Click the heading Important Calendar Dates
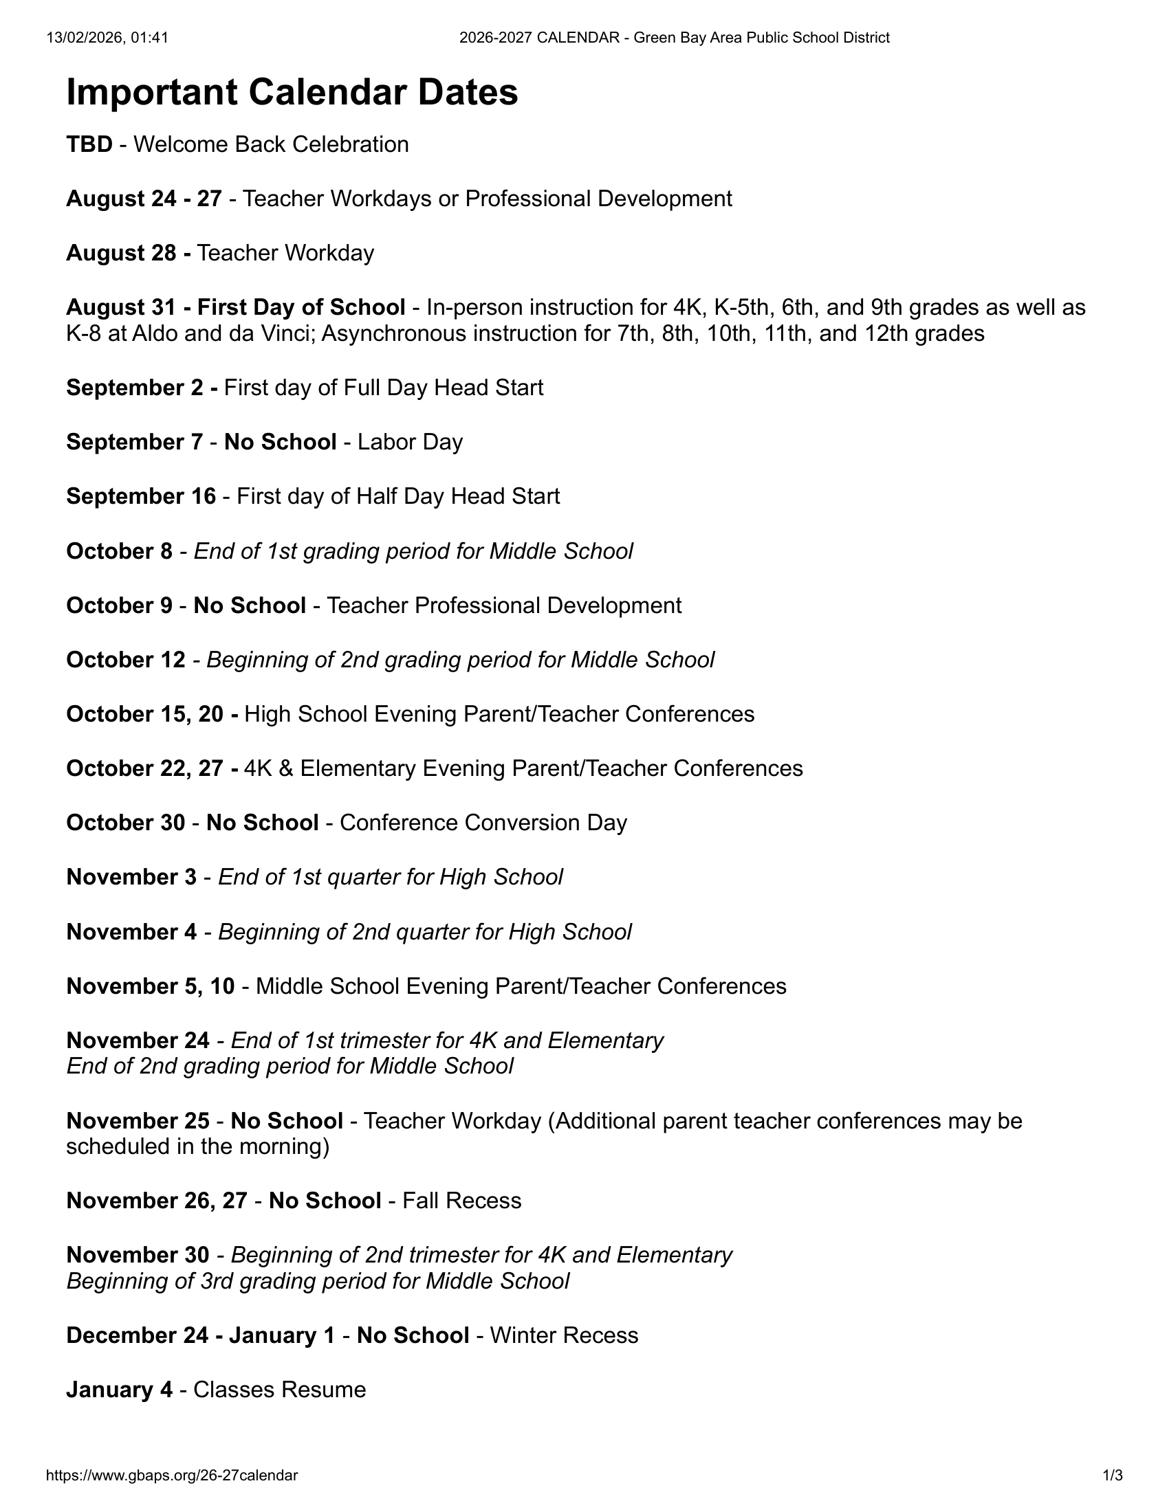pos(292,92)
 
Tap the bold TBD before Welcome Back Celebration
pos(89,144)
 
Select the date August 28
pos(121,253)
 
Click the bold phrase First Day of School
pos(301,307)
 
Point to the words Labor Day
pos(410,442)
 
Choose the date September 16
pos(141,496)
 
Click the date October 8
pos(119,551)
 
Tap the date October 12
pos(126,660)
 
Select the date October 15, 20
pos(144,714)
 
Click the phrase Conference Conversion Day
pos(483,823)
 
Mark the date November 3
pos(131,877)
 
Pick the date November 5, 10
pos(151,986)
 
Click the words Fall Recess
pos(462,1200)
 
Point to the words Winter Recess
pos(565,1335)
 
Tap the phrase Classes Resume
pos(280,1390)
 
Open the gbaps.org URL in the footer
pos(172,1476)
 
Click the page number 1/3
pos(1112,1476)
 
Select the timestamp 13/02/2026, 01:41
pos(107,37)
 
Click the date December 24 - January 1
pos(201,1335)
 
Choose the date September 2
pos(135,388)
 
